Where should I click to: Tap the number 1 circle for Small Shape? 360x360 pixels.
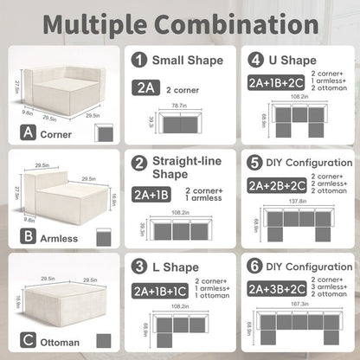[139, 61]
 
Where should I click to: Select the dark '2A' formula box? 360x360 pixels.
[145, 87]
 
